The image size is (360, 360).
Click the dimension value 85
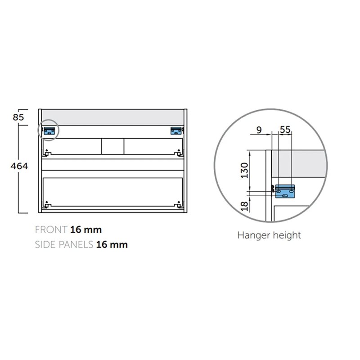[18, 117]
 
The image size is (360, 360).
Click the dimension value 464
[19, 166]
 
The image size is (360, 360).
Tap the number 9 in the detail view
[259, 130]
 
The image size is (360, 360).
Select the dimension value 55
[285, 130]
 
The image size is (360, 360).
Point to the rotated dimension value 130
[244, 171]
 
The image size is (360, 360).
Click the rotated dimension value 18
[245, 206]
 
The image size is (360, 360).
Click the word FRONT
[51, 229]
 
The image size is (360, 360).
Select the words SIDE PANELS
[64, 244]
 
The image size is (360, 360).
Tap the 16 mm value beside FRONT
[86, 229]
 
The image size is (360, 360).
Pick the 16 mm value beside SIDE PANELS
[112, 244]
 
